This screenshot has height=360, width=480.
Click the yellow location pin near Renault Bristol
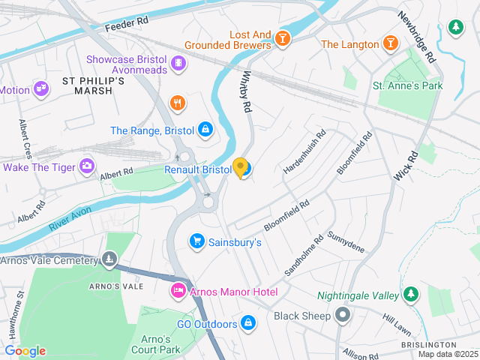pos(241,167)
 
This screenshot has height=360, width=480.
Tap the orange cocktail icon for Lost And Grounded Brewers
pos(282,38)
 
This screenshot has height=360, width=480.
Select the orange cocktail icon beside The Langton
pos(390,44)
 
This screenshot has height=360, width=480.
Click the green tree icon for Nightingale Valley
pos(410,295)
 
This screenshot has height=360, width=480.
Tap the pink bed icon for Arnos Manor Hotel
pos(178,291)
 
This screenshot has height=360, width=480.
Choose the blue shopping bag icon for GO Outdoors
pos(248,323)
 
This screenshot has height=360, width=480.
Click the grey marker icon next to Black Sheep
pos(343,315)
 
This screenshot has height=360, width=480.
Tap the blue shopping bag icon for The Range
pos(204,130)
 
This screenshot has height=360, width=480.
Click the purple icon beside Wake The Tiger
pos(88,166)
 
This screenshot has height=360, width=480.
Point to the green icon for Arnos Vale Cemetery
pos(110,260)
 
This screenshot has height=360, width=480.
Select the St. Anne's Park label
pos(408,85)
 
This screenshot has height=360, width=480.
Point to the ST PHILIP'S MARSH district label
pos(87,85)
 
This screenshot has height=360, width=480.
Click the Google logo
pos(25,351)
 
